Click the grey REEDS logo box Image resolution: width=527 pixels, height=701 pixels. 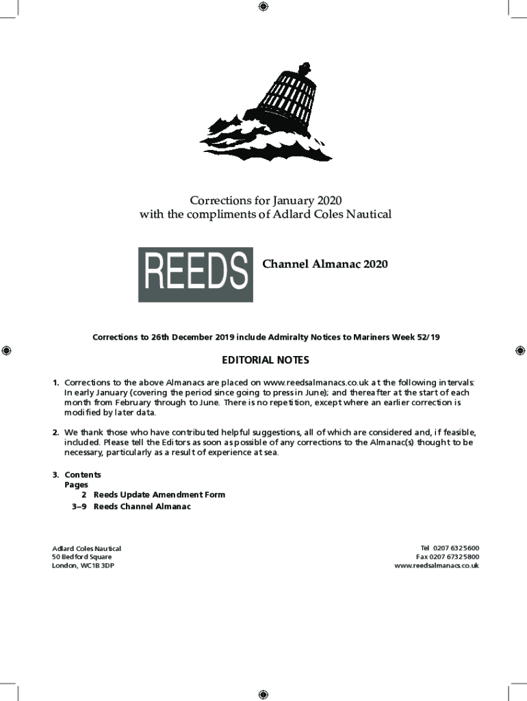(195, 275)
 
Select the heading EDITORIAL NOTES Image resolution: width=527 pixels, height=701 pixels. (265, 360)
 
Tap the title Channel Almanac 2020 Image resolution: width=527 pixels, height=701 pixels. (325, 264)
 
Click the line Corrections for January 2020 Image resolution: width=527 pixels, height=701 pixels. (265, 200)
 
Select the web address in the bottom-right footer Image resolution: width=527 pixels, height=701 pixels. (436, 566)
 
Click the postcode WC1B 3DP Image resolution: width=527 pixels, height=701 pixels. (97, 566)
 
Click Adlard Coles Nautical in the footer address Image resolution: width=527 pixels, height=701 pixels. (87, 548)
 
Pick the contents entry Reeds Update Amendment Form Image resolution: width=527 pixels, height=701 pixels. (159, 494)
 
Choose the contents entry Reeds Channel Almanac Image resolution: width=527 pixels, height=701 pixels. (142, 507)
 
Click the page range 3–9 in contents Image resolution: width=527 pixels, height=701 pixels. (79, 507)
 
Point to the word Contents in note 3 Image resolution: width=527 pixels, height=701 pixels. (83, 474)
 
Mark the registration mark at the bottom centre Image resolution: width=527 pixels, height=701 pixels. (263, 694)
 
